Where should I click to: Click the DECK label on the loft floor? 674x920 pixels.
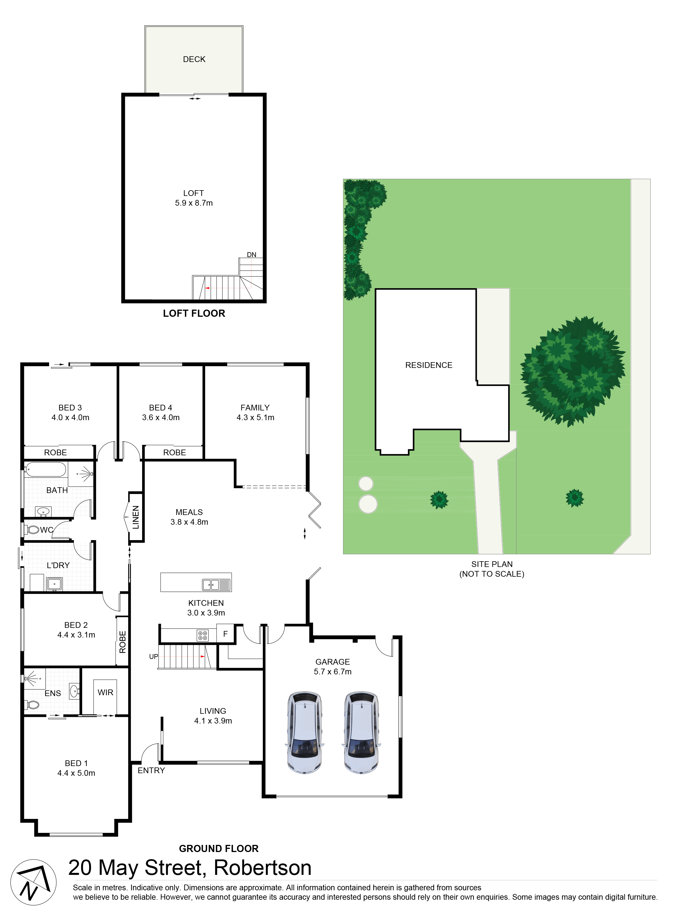coord(194,59)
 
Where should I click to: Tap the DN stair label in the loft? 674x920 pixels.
coord(252,255)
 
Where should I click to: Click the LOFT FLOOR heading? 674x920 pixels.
coord(194,313)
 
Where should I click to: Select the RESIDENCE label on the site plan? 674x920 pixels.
coord(429,365)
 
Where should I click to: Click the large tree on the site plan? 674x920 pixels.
coord(572,371)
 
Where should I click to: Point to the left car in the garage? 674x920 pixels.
coord(304,733)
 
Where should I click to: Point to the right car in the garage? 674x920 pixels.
coord(361,733)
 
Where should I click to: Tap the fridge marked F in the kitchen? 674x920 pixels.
coord(225,634)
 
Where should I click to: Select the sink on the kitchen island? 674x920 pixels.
coord(217,585)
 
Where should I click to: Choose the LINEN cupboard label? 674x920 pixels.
coord(136,517)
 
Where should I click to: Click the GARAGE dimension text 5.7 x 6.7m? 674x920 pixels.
coord(332,672)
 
